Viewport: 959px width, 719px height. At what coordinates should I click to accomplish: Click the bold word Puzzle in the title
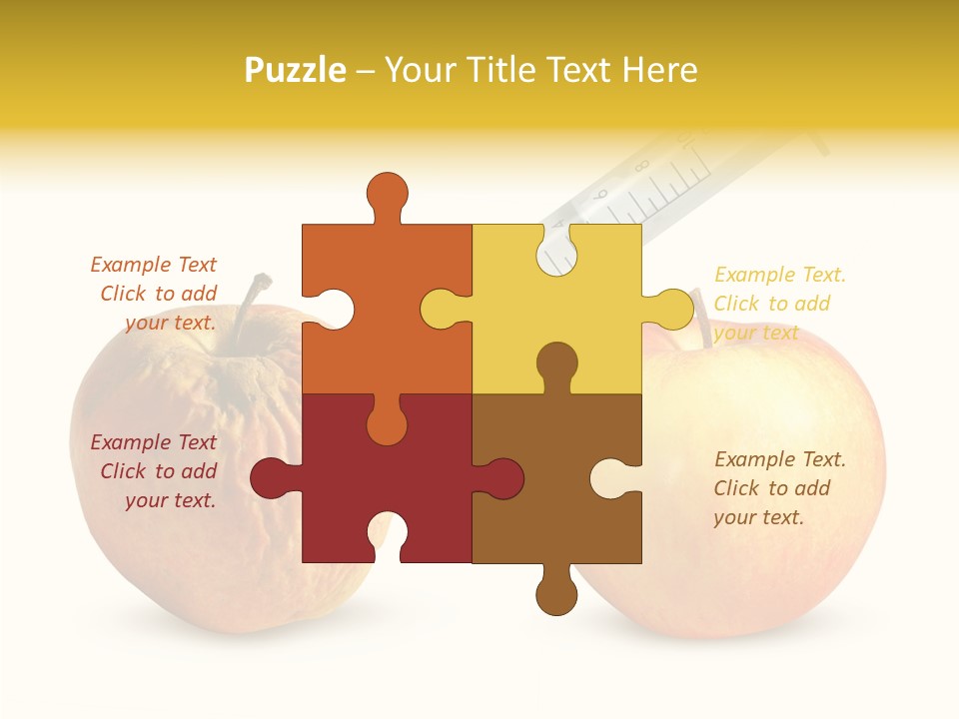pyautogui.click(x=296, y=70)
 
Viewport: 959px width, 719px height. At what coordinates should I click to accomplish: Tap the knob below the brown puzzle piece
pyautogui.click(x=556, y=595)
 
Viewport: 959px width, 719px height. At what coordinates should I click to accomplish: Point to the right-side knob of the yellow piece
pyautogui.click(x=670, y=309)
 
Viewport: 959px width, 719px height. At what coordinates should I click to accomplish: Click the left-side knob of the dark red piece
pyautogui.click(x=272, y=478)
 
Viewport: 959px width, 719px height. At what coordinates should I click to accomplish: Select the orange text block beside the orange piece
pyautogui.click(x=156, y=294)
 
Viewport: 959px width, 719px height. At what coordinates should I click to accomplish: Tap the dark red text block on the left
pyautogui.click(x=156, y=471)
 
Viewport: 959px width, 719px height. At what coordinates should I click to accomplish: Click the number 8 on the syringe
pyautogui.click(x=639, y=166)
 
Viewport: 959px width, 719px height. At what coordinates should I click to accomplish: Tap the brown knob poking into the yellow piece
pyautogui.click(x=556, y=365)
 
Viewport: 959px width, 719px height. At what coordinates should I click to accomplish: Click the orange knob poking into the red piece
pyautogui.click(x=387, y=420)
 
